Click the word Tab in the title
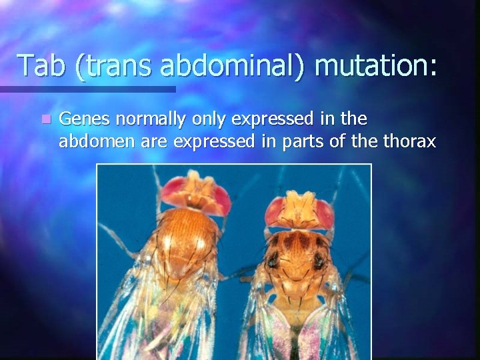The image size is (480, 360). pos(42,66)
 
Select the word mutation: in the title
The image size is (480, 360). pos(376,66)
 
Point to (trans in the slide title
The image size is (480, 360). pos(114,66)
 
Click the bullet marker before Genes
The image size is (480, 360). pos(45,119)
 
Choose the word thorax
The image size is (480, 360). pos(409,141)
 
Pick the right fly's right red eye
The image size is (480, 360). pos(325,213)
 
